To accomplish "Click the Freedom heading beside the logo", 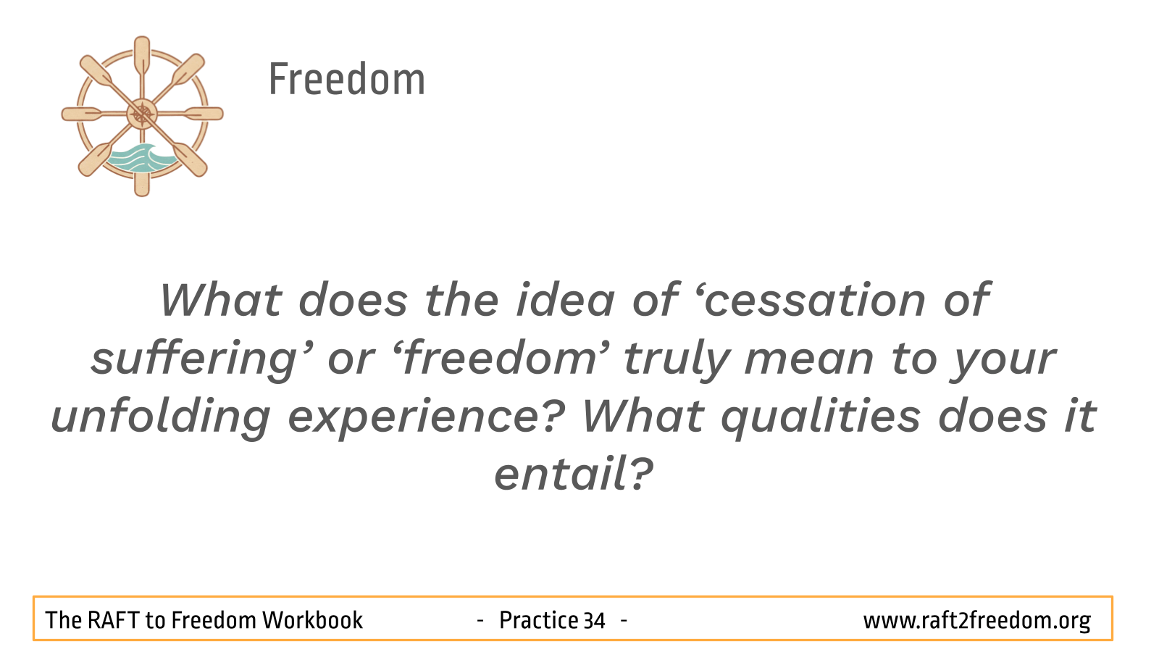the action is click(x=347, y=79).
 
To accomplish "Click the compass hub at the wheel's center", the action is click(x=142, y=114).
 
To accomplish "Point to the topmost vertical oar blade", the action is click(x=142, y=54).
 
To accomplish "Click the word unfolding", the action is click(x=160, y=417).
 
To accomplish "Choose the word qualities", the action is click(x=821, y=417).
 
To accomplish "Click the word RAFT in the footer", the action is click(x=113, y=620).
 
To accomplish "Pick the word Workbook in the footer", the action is click(x=312, y=620).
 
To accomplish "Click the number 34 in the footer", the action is click(x=594, y=621).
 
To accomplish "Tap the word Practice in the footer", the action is click(x=537, y=620).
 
